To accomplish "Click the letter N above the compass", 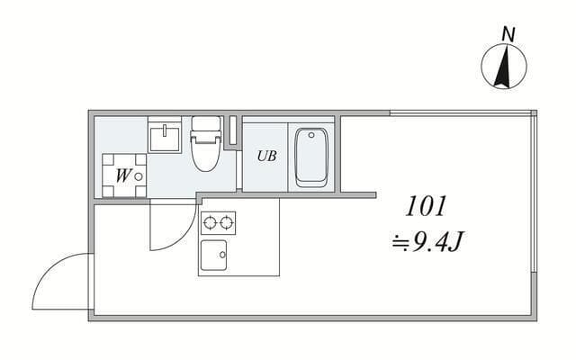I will click(x=508, y=34).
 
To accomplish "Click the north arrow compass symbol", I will click(x=504, y=67).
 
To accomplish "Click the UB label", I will click(x=266, y=156).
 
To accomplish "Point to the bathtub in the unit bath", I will click(x=311, y=157).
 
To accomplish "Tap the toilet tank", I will click(x=205, y=125).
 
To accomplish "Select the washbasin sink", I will click(x=166, y=138).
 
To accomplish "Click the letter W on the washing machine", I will click(x=121, y=175).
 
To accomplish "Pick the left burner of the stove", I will click(x=211, y=221).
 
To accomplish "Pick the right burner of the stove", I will click(x=226, y=221).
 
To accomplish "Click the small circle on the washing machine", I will click(x=138, y=176).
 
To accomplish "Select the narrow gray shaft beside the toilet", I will click(x=233, y=132).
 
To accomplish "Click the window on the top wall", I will click(x=459, y=112).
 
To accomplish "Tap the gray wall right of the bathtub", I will click(x=337, y=153).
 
